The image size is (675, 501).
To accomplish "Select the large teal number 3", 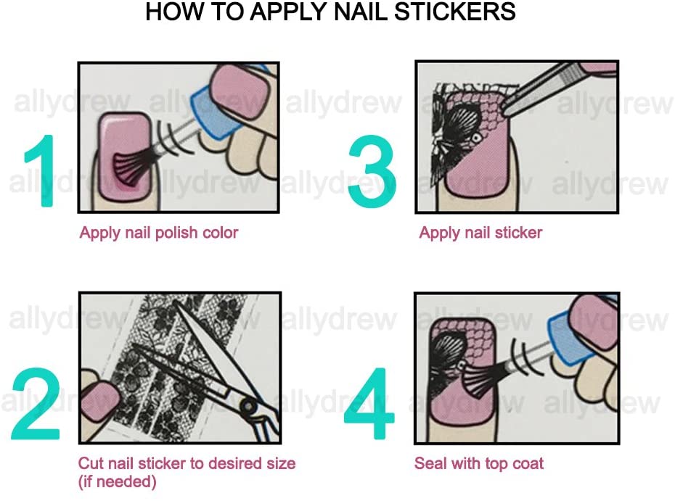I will pos(372,171).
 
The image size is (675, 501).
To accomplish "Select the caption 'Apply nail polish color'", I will pos(158,233).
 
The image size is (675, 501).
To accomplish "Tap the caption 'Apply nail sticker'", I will pos(480,233).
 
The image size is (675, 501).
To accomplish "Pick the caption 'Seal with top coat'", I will pos(479,463).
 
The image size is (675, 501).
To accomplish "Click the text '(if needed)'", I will pos(118,481).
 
